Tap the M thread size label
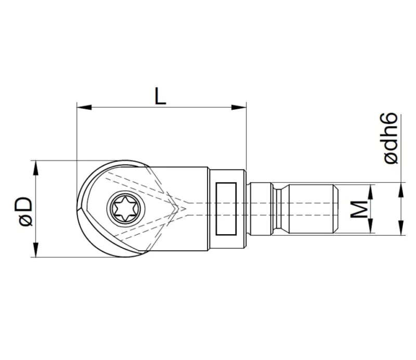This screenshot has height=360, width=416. (x=358, y=209)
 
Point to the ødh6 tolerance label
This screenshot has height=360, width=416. (x=392, y=138)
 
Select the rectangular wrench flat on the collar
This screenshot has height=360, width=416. (x=226, y=209)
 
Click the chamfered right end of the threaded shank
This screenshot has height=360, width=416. (x=335, y=209)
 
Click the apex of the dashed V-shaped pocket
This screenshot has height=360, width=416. (x=185, y=208)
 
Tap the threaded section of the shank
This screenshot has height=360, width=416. (x=309, y=209)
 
